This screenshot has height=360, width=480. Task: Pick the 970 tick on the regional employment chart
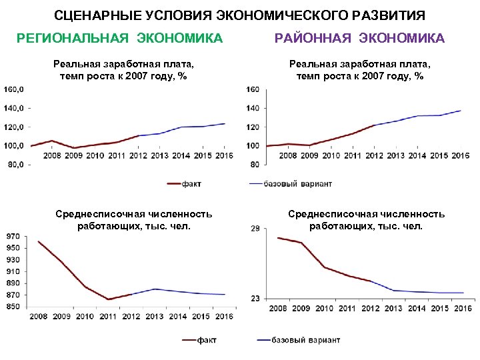tap(12, 236)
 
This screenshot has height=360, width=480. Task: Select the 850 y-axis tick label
tap(12, 307)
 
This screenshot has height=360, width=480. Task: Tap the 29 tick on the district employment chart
tap(255, 229)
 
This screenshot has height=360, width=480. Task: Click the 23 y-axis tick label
tap(255, 299)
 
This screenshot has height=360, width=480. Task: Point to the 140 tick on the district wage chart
tap(253, 108)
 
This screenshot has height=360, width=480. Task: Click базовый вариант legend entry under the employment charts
tap(298, 340)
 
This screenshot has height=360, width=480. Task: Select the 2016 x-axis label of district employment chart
tap(462, 309)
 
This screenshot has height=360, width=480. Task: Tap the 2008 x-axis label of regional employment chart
tap(39, 316)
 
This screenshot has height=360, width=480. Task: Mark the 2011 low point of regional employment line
tap(108, 299)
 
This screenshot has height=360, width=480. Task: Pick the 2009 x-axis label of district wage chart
tap(309, 155)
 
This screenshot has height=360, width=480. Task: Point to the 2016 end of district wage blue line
tap(461, 111)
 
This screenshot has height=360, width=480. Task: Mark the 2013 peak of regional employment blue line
tap(154, 289)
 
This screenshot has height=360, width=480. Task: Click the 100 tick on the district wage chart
tap(253, 145)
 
